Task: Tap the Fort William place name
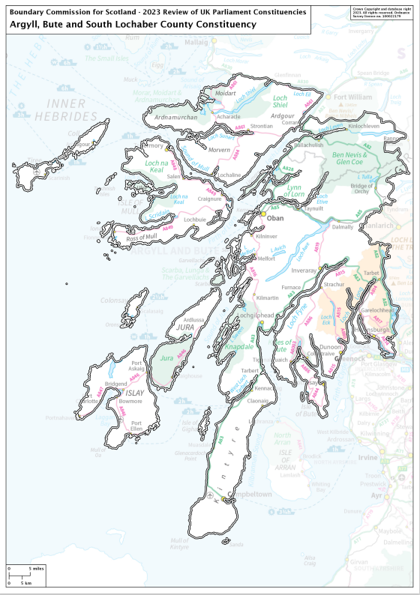pyautogui.click(x=352, y=97)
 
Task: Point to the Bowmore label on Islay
pyautogui.click(x=132, y=402)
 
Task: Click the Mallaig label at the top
pyautogui.click(x=196, y=43)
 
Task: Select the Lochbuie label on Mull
pyautogui.click(x=194, y=220)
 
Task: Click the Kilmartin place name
pyautogui.click(x=268, y=298)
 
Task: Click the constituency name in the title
pyautogui.click(x=133, y=24)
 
